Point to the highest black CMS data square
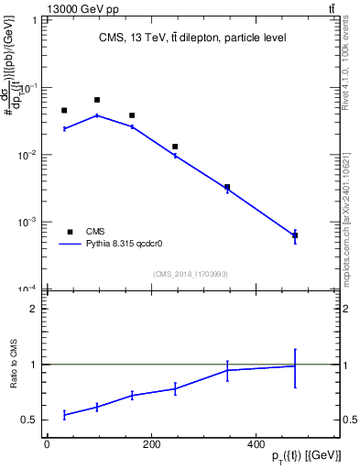click(97, 100)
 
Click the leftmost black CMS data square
click(64, 111)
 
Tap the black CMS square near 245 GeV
click(175, 147)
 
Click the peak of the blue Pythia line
click(97, 115)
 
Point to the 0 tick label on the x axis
click(47, 445)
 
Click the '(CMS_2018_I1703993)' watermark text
click(190, 274)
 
